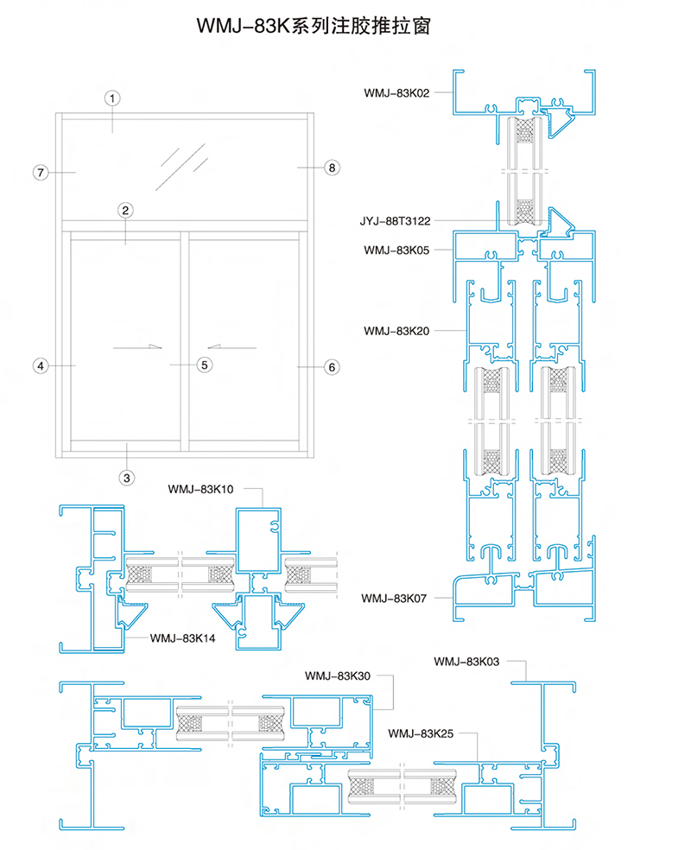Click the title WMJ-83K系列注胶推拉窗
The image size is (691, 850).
314,25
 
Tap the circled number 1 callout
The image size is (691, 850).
112,98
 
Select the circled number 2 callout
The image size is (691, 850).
126,210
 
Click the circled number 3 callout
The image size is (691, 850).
127,478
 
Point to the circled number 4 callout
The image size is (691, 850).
41,366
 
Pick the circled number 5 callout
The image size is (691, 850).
205,365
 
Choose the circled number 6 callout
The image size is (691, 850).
333,367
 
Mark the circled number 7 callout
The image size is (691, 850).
41,173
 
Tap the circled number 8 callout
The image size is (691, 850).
333,168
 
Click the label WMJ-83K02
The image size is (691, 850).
396,93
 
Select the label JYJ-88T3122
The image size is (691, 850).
395,221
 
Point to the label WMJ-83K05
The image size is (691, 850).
396,251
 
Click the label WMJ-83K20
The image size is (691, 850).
396,331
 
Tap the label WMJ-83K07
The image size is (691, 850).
394,599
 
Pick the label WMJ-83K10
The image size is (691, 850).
200,489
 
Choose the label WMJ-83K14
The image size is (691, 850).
182,638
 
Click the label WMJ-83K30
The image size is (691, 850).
338,676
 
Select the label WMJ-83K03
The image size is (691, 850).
466,662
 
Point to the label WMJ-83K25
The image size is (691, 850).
421,733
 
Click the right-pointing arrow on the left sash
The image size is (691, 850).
137,347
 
